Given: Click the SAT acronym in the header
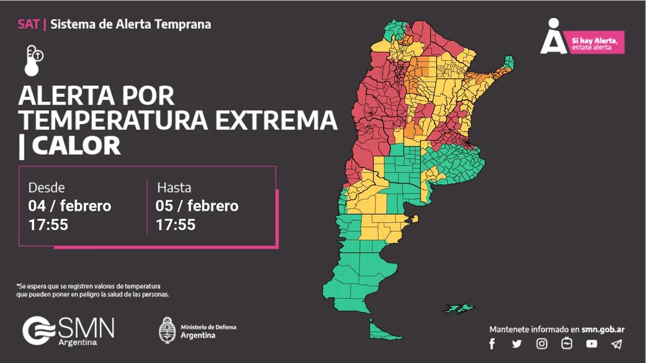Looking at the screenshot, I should coord(28,25).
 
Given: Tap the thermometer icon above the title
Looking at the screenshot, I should coord(34,61).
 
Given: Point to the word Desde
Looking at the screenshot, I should coord(47,187).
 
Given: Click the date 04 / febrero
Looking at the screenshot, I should coord(70,206).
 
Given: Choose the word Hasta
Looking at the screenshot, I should coord(174,187).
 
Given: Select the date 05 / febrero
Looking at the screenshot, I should coord(197,206).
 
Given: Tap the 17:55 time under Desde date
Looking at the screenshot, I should coord(48,225).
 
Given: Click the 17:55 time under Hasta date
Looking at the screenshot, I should coord(176,225).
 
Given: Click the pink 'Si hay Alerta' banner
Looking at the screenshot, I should coord(596,43).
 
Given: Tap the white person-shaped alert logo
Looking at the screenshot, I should coord(553,37).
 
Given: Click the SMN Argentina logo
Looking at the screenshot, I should coord(68,331).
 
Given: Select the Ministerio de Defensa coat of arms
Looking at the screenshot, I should coord(167,330).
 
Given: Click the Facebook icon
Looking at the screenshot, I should coord(492,344).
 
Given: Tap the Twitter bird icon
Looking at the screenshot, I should coord(517,344).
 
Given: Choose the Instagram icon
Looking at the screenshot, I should coord(542,344).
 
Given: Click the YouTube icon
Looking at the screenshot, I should coord(592,344).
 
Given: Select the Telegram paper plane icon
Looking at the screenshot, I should coord(616,344).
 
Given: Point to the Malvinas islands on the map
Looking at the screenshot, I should coord(459,307).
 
